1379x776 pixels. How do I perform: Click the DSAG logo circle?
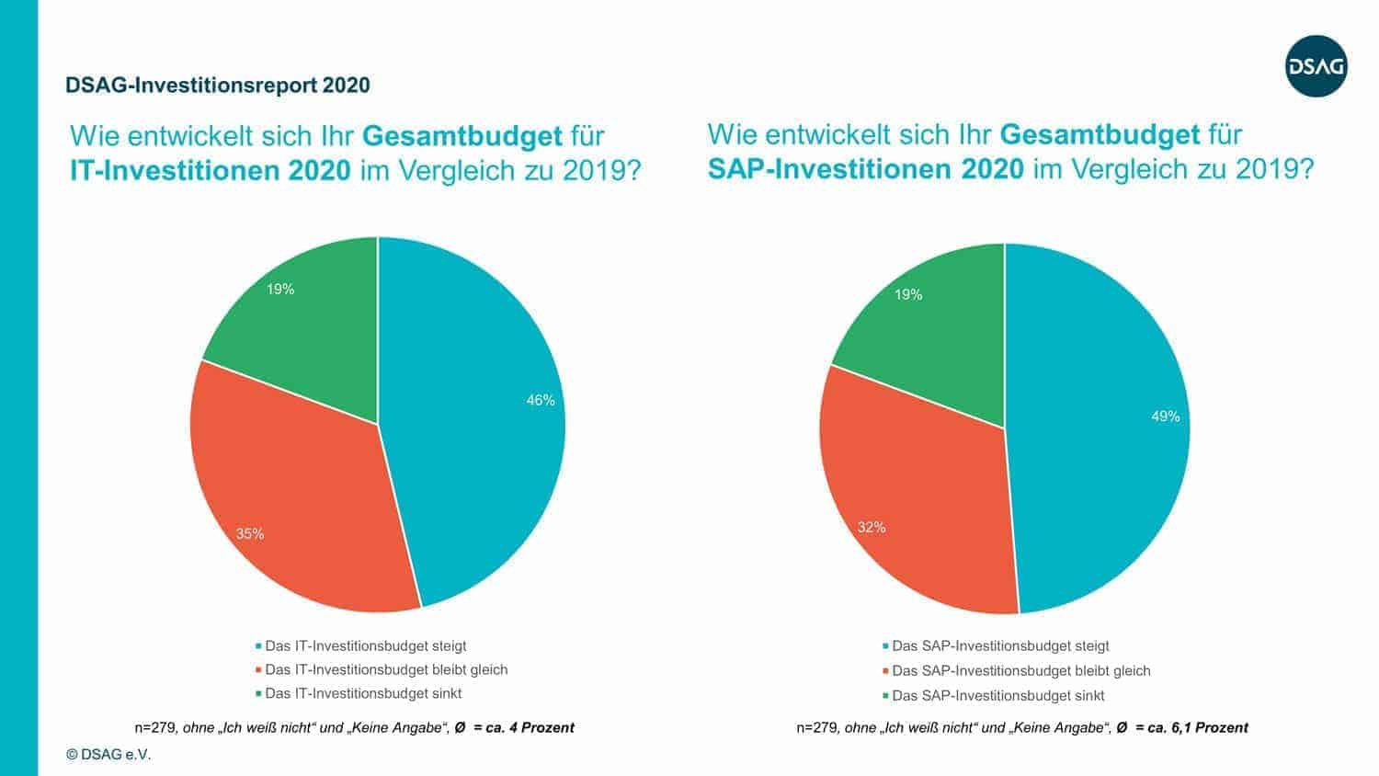(1316, 66)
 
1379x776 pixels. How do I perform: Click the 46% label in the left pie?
(540, 400)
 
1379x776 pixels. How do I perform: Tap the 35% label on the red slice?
(250, 533)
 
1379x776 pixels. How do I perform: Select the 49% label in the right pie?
(1165, 417)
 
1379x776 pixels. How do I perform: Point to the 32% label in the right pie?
(871, 527)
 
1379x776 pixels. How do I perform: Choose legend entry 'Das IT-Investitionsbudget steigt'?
(365, 645)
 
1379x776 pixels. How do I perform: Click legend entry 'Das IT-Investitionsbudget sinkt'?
(362, 693)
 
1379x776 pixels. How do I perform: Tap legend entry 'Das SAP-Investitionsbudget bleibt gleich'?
(1020, 670)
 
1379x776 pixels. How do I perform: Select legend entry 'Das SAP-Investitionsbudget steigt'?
(1000, 645)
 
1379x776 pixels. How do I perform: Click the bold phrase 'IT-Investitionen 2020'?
(210, 171)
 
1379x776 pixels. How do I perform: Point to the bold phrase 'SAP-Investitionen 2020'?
(865, 169)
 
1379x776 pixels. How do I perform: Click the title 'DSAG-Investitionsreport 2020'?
(218, 86)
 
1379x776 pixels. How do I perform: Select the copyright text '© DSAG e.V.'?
(108, 754)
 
